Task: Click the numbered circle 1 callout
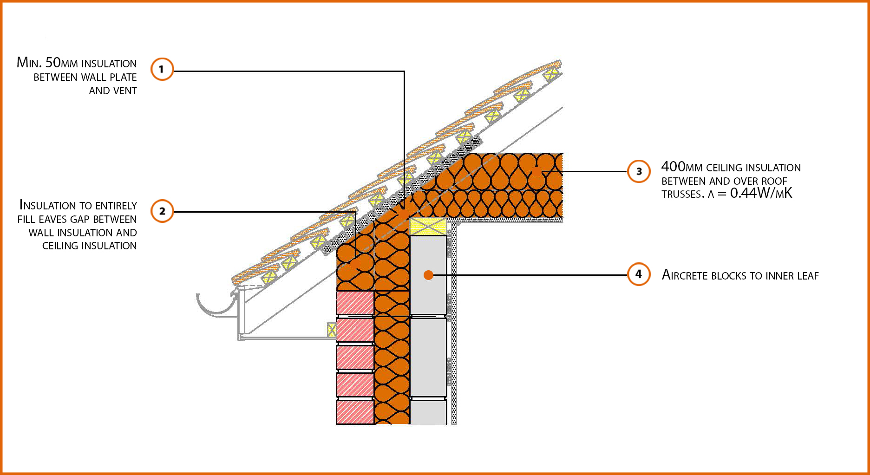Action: [162, 69]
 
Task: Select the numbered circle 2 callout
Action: [162, 211]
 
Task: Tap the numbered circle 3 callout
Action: [639, 171]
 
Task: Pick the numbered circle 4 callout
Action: [639, 274]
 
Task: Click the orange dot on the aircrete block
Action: [428, 275]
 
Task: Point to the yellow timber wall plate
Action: [427, 227]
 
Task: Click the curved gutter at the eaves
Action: [216, 306]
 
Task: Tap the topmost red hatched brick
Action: [355, 303]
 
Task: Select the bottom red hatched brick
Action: [355, 412]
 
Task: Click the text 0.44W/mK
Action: [761, 193]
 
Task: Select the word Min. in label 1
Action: [29, 63]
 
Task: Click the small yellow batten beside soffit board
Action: [332, 330]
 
